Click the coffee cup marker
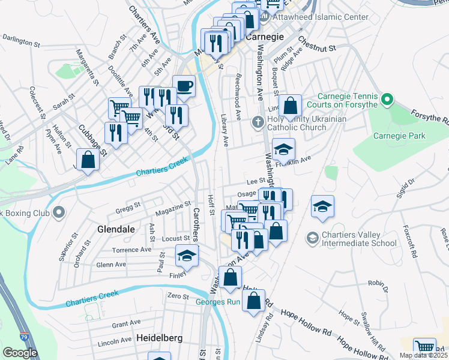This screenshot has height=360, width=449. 184,85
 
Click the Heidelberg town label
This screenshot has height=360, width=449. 160,338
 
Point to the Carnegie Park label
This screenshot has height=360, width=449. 399,136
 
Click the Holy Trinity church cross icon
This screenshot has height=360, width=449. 258,123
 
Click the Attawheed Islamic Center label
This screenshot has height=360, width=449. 321,17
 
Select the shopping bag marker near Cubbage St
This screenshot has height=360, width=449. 88,160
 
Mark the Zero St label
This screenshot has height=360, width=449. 178,296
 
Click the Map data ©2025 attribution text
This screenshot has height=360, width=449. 423,355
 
